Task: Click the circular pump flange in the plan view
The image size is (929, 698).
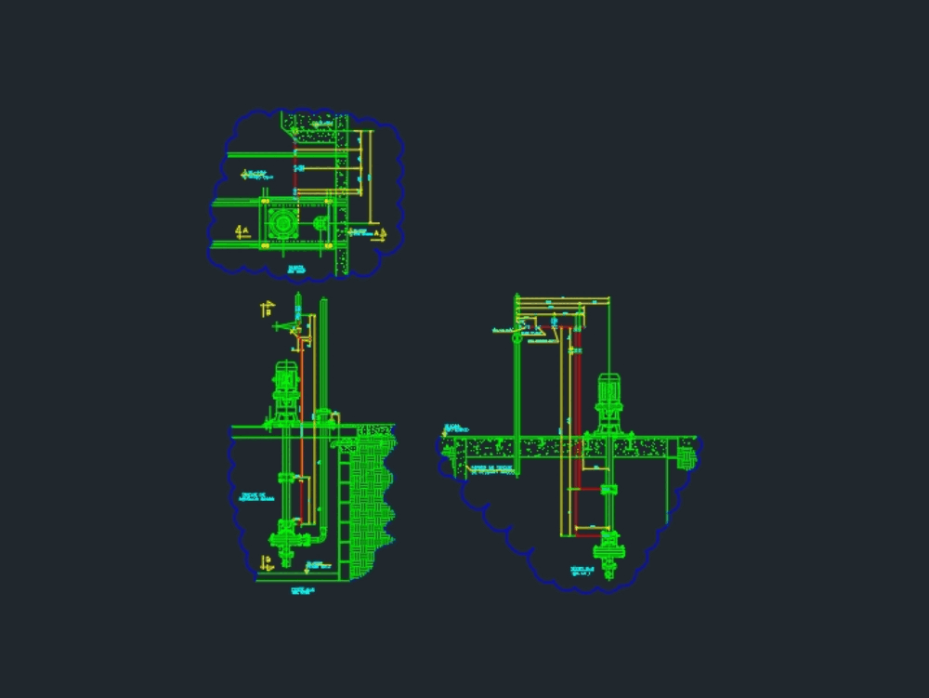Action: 281,224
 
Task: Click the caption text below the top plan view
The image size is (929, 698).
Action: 297,268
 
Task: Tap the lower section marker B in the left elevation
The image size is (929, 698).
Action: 267,561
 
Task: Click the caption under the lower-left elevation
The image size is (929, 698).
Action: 300,590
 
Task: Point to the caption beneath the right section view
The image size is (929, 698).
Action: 582,571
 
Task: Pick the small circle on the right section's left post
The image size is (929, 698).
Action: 516,338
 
